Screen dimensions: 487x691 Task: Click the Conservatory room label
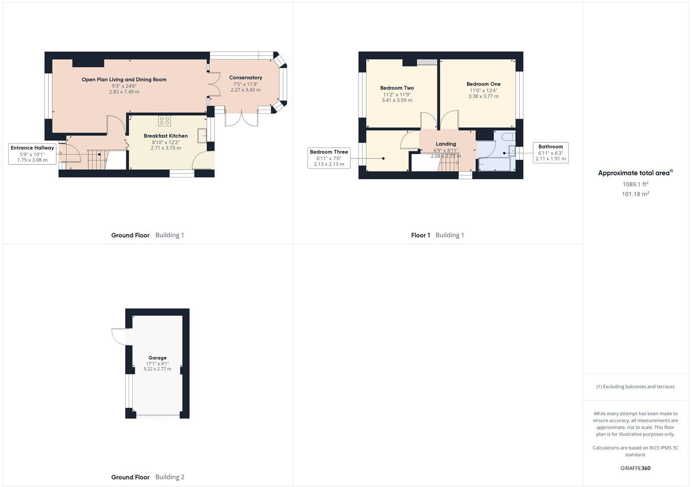[x=245, y=78]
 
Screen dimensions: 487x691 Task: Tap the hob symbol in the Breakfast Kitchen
[x=164, y=120]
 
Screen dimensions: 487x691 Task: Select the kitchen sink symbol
[x=202, y=136]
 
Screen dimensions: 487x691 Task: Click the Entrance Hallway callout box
[x=32, y=154]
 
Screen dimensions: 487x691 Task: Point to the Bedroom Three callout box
[x=329, y=158]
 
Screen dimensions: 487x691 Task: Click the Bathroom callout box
[x=550, y=152]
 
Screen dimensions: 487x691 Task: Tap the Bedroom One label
[x=483, y=84]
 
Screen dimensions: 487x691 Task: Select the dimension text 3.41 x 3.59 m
[x=396, y=100]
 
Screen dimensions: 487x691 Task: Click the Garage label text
[x=157, y=358]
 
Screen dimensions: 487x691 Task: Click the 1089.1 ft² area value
[x=635, y=184]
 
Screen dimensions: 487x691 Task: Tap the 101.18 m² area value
[x=635, y=194]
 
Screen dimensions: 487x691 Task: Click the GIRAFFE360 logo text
[x=635, y=468]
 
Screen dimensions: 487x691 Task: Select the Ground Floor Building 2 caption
[x=148, y=477]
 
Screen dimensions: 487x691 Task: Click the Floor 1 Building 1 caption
[x=437, y=235]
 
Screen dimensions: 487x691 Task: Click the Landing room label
[x=446, y=144]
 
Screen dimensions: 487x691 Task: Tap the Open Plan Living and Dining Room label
[x=124, y=79]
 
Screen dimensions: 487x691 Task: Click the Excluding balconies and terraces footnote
[x=635, y=386]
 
